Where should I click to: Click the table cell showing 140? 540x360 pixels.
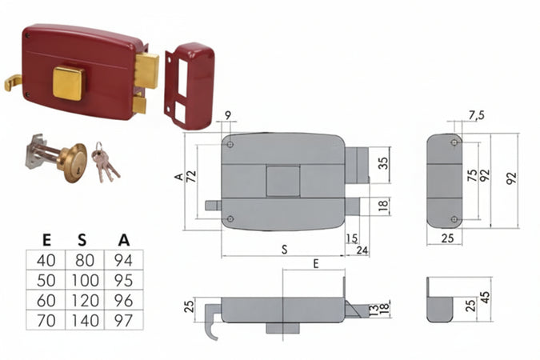85,320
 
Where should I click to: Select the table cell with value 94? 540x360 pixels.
124,260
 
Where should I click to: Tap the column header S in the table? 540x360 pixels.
82,240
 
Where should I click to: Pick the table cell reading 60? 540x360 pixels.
46,301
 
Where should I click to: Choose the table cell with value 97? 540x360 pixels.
124,320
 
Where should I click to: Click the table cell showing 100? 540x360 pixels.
85,280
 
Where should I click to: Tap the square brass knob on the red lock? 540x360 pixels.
68,84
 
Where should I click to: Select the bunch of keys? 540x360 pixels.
105,162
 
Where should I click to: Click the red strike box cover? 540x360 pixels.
194,86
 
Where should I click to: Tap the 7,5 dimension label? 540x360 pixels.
476,115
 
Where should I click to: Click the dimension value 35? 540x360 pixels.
383,163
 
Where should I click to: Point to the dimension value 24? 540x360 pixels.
362,250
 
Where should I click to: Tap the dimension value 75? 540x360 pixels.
472,175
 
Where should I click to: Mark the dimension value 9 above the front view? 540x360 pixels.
228,116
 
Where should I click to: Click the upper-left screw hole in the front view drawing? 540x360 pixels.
230,144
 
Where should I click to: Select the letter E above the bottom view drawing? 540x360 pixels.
316,264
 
